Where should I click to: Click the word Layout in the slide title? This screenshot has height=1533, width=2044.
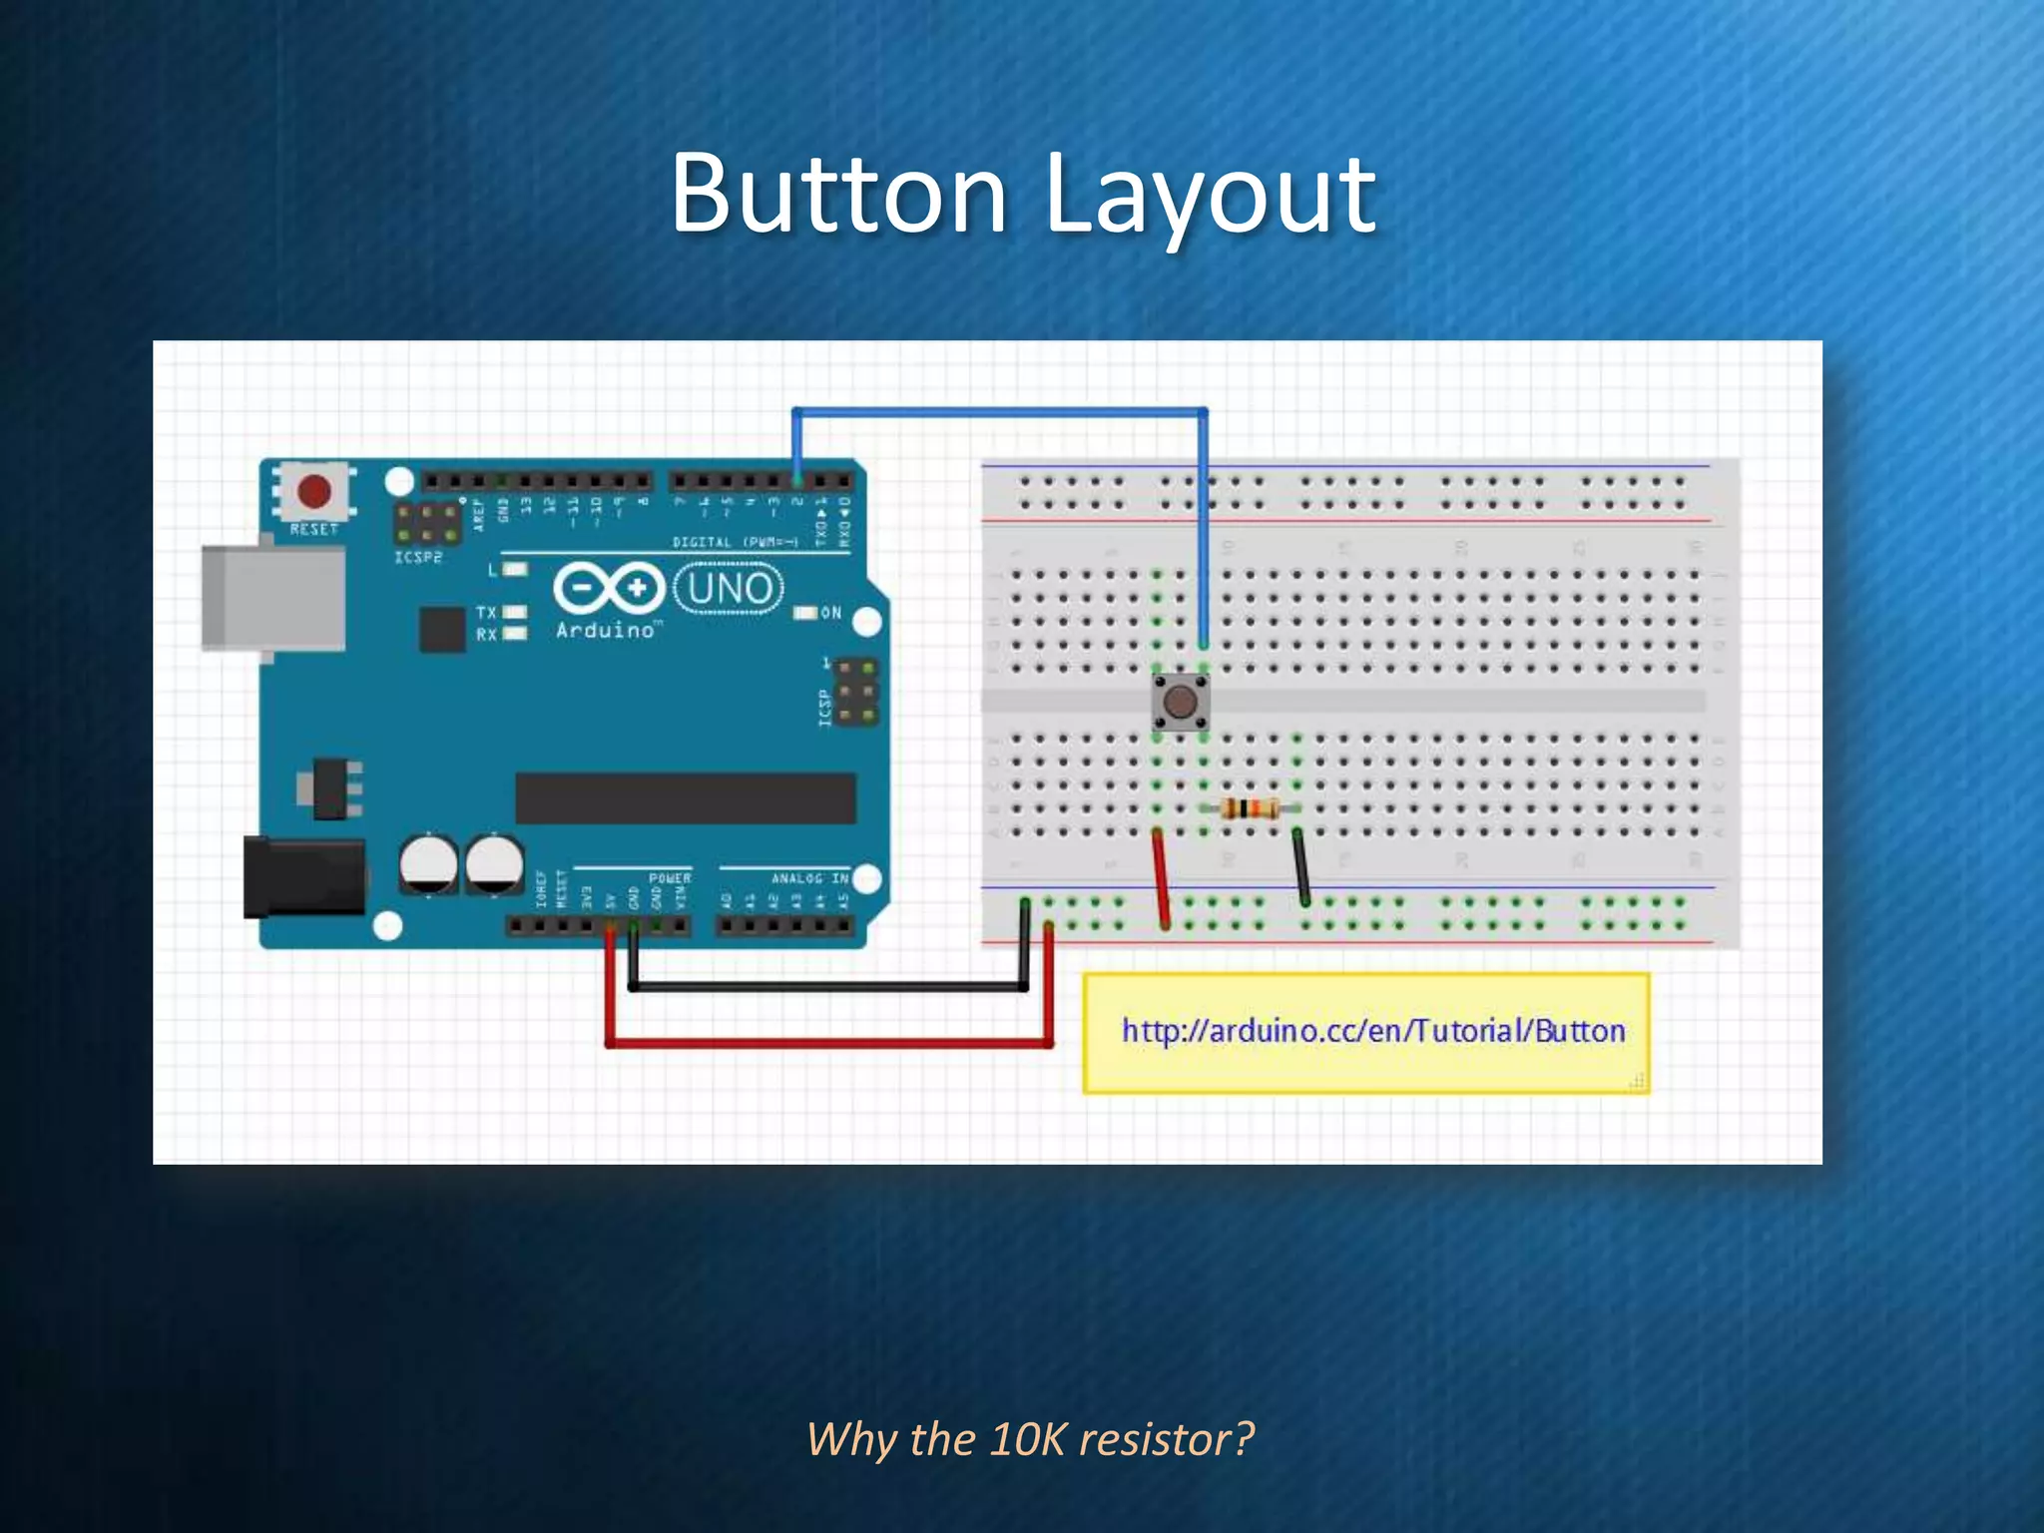[x=1210, y=196]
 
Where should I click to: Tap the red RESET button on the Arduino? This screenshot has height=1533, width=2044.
[x=314, y=491]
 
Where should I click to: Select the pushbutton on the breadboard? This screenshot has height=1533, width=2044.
[x=1181, y=702]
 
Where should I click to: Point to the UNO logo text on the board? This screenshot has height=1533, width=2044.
[x=730, y=589]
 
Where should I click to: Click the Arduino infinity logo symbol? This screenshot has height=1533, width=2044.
[x=609, y=588]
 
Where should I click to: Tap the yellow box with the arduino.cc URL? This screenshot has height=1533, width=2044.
[x=1366, y=1033]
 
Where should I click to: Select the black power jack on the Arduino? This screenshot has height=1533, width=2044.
[x=303, y=877]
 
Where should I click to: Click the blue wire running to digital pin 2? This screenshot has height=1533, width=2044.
[x=998, y=411]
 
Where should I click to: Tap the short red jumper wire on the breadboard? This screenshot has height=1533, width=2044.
[x=1161, y=878]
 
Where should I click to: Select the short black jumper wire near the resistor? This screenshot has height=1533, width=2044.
[x=1300, y=866]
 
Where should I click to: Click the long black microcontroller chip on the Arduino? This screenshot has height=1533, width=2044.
[x=686, y=797]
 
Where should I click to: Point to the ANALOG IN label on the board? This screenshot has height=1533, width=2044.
[x=809, y=878]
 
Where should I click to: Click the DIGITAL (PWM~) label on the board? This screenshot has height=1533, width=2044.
[x=736, y=542]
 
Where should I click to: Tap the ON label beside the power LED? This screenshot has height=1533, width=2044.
[x=831, y=613]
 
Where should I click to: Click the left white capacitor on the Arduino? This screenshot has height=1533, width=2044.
[x=428, y=863]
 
